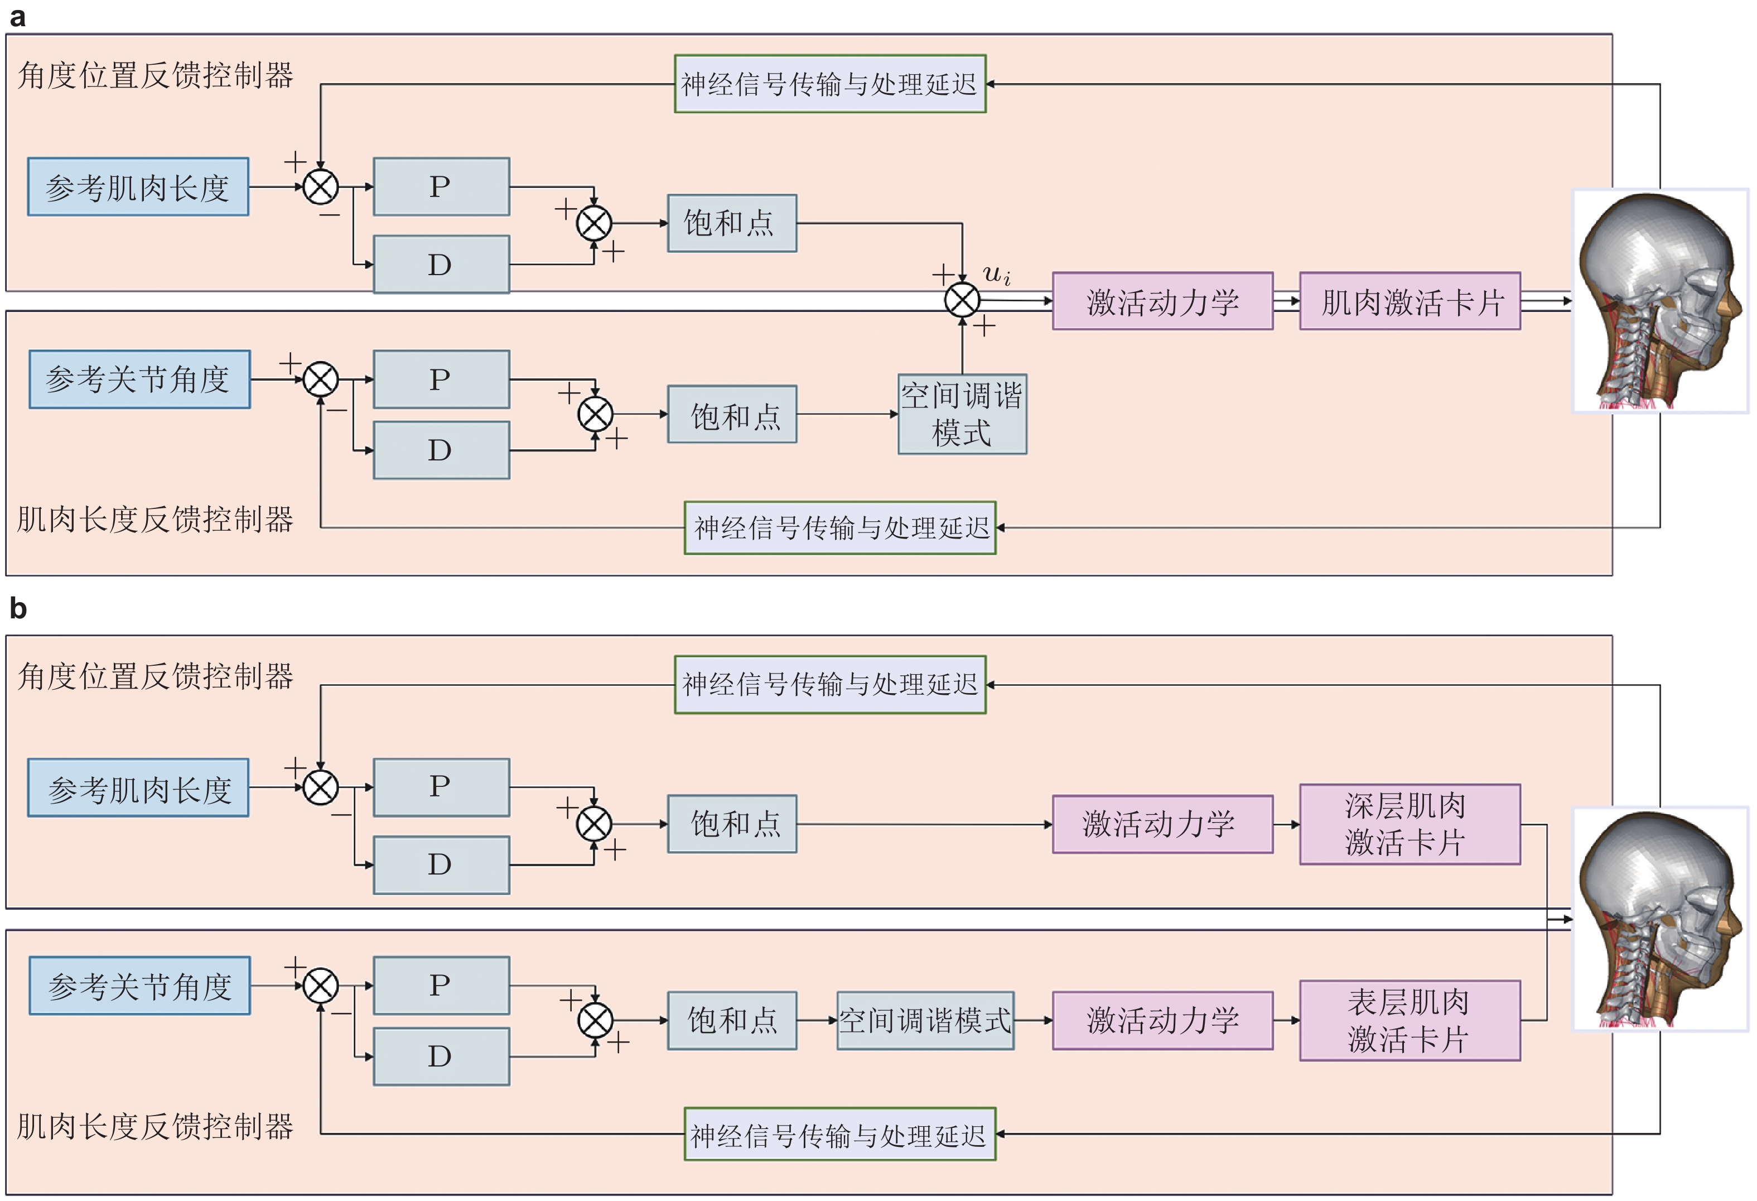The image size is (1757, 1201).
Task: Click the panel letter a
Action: pyautogui.click(x=17, y=17)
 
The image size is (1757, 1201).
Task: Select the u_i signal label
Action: pyautogui.click(x=996, y=274)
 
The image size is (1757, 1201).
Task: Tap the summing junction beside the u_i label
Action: pyautogui.click(x=962, y=300)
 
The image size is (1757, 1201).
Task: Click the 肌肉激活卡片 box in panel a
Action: pyautogui.click(x=1410, y=302)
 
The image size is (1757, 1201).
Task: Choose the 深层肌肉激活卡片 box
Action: pyautogui.click(x=1410, y=824)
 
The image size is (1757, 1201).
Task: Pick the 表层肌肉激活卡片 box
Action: pyautogui.click(x=1410, y=1020)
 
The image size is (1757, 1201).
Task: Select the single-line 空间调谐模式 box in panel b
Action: pyautogui.click(x=925, y=1020)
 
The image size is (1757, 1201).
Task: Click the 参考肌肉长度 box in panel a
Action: pyautogui.click(x=138, y=187)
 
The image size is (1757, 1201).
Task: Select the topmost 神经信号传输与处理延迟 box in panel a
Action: pyautogui.click(x=830, y=84)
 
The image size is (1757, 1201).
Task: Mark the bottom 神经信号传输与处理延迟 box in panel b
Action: pyautogui.click(x=840, y=1133)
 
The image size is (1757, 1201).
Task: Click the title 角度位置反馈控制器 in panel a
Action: pyautogui.click(x=156, y=76)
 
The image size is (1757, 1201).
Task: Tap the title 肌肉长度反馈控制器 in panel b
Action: pyautogui.click(x=156, y=1126)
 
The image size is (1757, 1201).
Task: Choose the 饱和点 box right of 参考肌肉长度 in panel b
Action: pyautogui.click(x=732, y=824)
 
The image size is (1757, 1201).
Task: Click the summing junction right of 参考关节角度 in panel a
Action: pyautogui.click(x=321, y=379)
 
